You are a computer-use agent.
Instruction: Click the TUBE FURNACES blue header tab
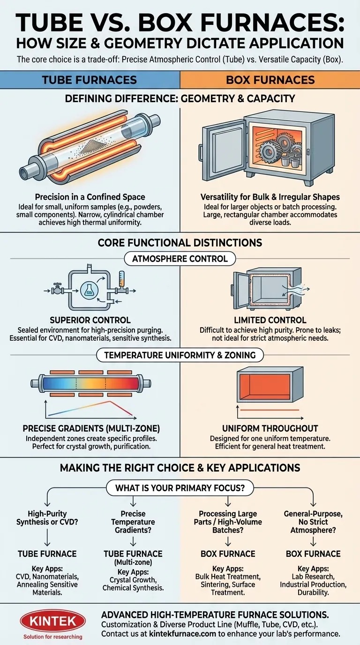89,79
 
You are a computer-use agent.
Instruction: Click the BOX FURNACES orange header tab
270,79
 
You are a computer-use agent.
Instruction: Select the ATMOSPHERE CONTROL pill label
180,258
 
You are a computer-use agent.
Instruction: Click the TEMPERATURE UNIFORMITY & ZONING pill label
180,355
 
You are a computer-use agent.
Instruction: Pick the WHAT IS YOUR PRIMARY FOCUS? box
180,487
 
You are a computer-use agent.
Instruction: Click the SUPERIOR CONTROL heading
90,320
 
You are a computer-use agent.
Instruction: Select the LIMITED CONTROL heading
270,320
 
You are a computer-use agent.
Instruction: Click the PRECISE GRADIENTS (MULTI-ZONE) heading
90,428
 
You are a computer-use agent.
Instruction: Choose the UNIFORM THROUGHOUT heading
270,428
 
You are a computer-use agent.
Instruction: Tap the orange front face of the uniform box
259,386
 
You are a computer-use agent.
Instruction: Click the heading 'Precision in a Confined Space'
90,197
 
